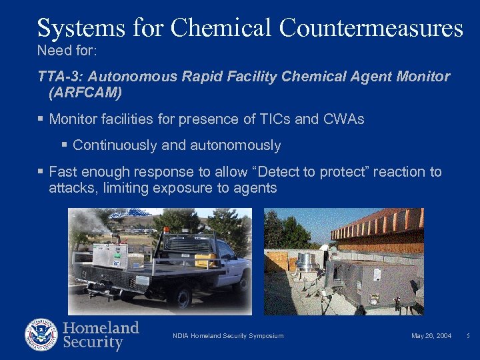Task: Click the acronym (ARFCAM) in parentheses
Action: coord(85,93)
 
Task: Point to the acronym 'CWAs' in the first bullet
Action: coord(344,119)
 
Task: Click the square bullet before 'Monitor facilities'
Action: coord(41,119)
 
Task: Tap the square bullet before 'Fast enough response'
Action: coord(41,172)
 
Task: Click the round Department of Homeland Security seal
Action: coord(41,335)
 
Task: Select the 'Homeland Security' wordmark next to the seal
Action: coord(101,335)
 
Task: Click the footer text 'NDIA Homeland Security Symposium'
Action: coord(227,336)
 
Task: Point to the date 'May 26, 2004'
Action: coord(431,336)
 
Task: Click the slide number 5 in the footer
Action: coord(467,336)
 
